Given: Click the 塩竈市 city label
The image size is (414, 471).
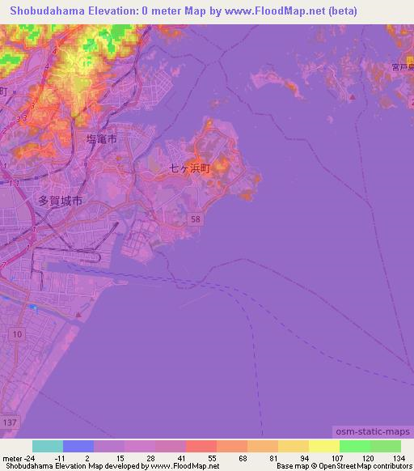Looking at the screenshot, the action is pos(101,139).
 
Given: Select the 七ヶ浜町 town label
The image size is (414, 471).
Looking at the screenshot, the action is pos(189,169).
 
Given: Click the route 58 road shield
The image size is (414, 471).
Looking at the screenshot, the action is pos(196,219).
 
